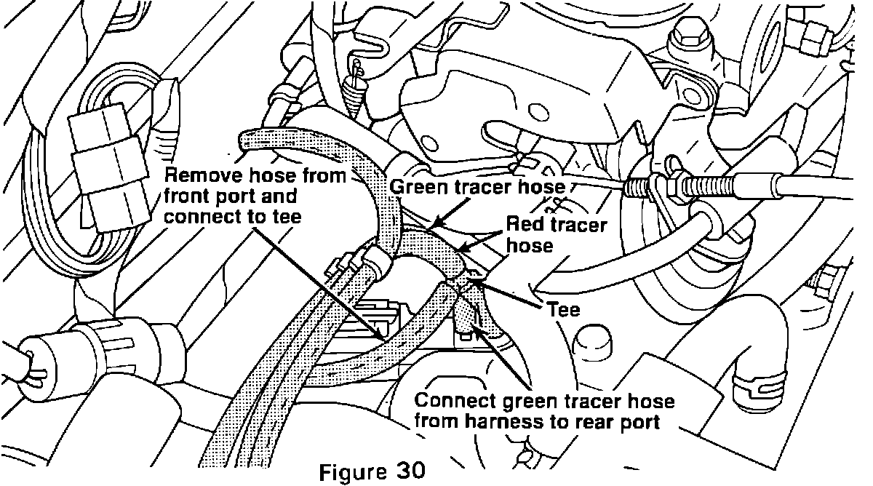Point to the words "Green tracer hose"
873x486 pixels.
477,187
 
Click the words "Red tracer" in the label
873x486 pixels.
556,225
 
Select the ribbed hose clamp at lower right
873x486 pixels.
754,385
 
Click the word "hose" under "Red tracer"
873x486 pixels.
530,245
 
